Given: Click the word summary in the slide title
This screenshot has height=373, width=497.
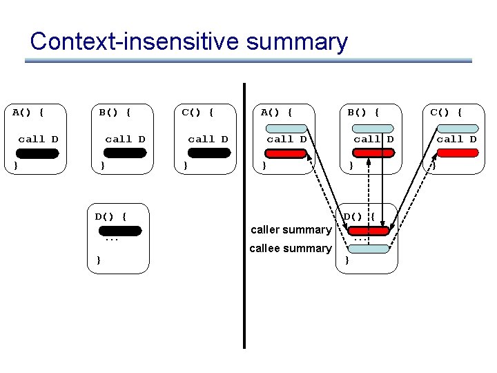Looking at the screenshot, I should pyautogui.click(x=296, y=43).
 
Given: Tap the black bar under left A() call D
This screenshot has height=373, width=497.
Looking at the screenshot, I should pyautogui.click(x=38, y=154).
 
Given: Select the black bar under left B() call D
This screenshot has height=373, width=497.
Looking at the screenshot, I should pyautogui.click(x=125, y=154).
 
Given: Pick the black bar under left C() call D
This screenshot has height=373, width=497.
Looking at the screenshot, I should pyautogui.click(x=208, y=154).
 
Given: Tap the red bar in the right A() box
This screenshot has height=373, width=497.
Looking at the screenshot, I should pyautogui.click(x=286, y=154).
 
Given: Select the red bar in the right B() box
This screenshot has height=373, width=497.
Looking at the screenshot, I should pyautogui.click(x=373, y=154).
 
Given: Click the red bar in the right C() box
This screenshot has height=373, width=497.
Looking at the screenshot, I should pyautogui.click(x=456, y=154).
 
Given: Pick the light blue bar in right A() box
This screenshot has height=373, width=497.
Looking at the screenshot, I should pyautogui.click(x=286, y=128).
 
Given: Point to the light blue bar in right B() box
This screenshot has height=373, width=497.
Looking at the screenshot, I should pyautogui.click(x=373, y=128).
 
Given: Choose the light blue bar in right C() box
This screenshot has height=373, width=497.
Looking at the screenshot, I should pyautogui.click(x=456, y=128).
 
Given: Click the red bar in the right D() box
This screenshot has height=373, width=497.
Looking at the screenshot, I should pyautogui.click(x=369, y=231).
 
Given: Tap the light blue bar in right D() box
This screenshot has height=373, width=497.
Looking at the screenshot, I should pyautogui.click(x=369, y=249).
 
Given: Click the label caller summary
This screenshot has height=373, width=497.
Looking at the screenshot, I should pyautogui.click(x=291, y=229).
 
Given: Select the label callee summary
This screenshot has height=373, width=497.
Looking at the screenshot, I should pyautogui.click(x=291, y=248).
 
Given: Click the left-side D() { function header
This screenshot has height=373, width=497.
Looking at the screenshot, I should pyautogui.click(x=110, y=216).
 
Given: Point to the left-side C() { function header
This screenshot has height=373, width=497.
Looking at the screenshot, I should pyautogui.click(x=197, y=111).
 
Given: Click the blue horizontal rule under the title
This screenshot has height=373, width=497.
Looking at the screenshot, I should pyautogui.click(x=248, y=61).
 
